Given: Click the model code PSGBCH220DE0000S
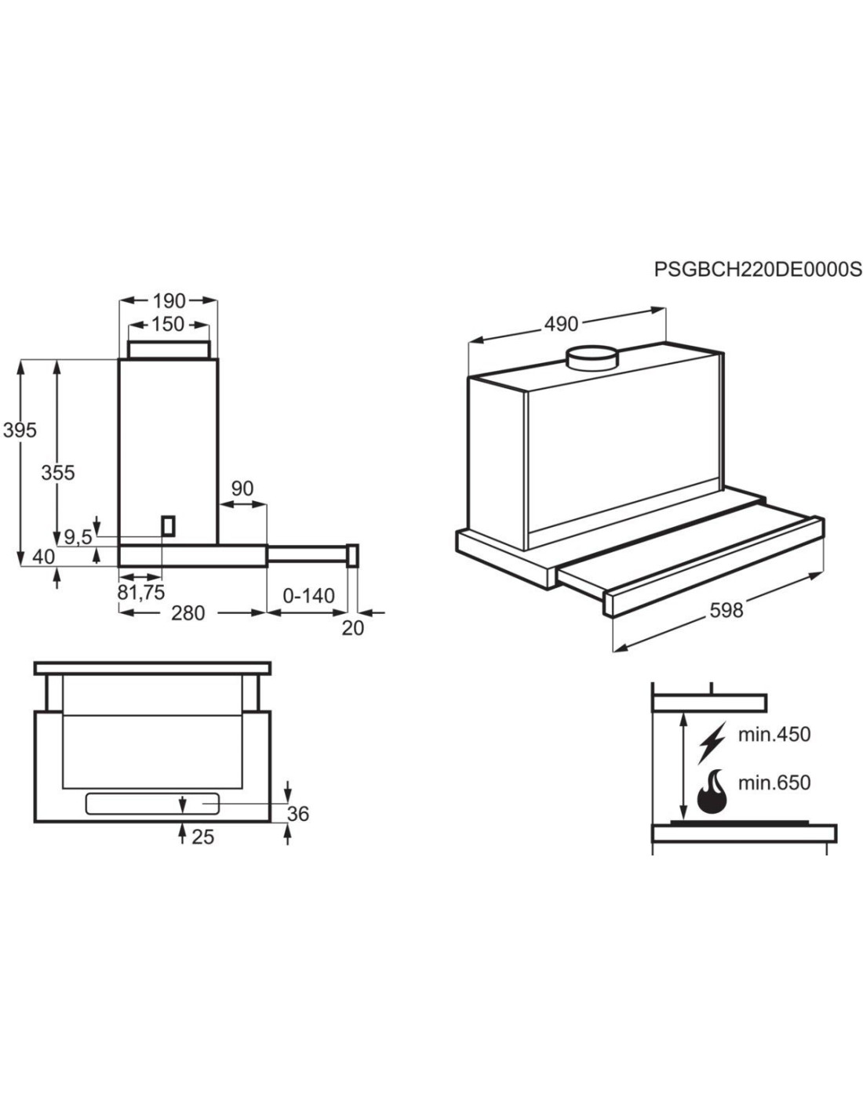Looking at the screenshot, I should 758,270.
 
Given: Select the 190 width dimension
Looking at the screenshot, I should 169,301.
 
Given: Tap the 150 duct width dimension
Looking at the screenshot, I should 168,324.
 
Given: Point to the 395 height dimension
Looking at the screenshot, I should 20,430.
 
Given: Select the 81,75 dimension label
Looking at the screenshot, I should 141,592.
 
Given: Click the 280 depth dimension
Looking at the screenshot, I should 188,612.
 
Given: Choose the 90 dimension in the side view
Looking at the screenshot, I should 243,488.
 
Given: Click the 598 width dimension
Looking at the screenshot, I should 726,609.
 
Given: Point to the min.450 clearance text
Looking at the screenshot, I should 774,735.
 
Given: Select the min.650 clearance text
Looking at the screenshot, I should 774,782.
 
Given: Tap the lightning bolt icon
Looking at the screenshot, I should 712,742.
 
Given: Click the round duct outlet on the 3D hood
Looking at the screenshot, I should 592,359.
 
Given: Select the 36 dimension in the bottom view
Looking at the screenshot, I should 298,814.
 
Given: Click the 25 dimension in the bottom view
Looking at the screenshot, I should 202,837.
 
